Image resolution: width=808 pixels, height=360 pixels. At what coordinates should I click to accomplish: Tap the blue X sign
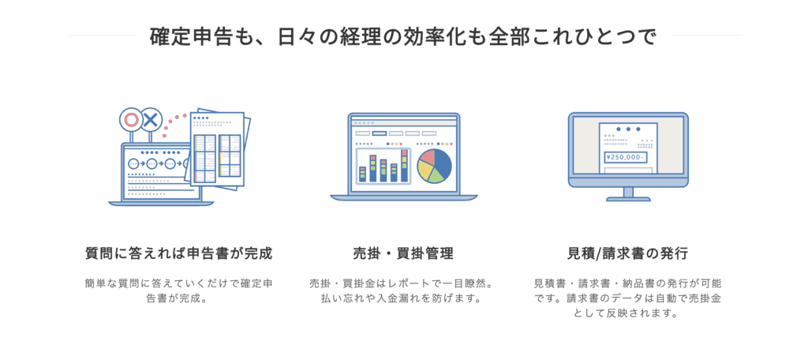(x=150, y=120)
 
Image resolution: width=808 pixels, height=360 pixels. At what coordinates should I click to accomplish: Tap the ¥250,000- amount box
(x=626, y=158)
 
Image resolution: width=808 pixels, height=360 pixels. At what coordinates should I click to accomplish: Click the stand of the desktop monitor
(x=628, y=194)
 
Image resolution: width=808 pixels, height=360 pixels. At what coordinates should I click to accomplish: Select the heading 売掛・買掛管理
(x=403, y=253)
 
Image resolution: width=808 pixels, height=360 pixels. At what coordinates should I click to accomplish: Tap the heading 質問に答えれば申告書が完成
(x=178, y=253)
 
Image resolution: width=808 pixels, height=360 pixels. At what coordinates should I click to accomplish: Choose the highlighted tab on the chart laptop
(x=380, y=133)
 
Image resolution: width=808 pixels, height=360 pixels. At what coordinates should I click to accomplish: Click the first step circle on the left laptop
(x=134, y=164)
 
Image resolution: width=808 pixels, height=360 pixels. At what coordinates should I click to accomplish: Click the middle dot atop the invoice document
(x=628, y=129)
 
